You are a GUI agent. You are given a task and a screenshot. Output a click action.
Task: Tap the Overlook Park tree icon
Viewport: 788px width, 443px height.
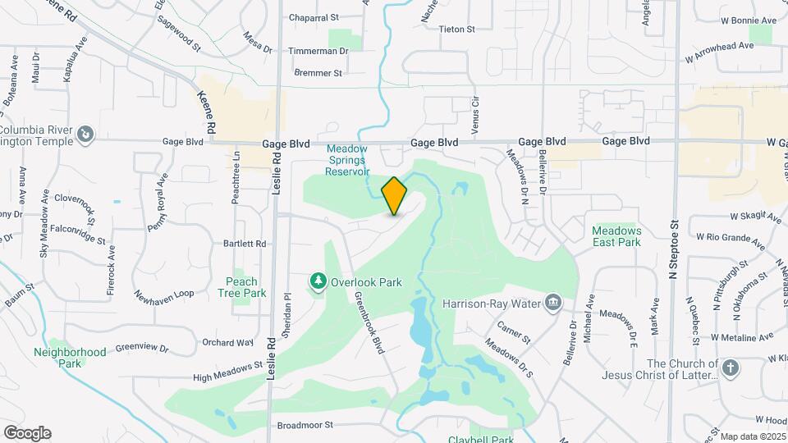(318, 282)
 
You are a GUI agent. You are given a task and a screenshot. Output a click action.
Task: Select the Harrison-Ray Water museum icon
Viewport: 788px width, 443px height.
(554, 304)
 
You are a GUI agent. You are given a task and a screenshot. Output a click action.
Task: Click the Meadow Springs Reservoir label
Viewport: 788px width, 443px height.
(348, 160)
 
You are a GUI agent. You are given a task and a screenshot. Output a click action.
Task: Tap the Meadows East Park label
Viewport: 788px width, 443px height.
(616, 236)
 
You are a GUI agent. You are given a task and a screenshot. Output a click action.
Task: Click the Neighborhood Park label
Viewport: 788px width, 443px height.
(70, 357)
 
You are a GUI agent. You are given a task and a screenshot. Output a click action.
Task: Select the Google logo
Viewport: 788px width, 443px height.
(27, 433)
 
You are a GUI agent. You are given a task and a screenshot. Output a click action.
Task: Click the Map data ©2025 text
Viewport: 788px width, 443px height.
(751, 436)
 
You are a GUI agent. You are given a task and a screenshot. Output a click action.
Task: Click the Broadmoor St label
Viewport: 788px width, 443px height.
(305, 425)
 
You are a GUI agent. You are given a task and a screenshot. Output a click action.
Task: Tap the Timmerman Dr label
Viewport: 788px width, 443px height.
(318, 51)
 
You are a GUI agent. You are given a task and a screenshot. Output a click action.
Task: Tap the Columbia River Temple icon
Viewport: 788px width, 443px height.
(85, 133)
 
